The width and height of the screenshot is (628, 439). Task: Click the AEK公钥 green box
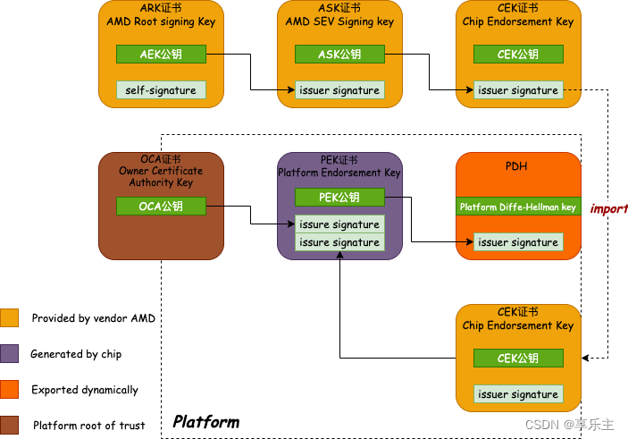tap(161, 55)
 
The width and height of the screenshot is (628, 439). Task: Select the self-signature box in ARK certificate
tap(161, 90)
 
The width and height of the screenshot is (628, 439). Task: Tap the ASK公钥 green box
tap(339, 55)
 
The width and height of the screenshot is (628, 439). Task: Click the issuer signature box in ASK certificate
tap(339, 90)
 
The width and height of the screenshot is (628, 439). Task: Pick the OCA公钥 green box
tap(161, 207)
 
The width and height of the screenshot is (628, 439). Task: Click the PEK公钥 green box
tap(339, 198)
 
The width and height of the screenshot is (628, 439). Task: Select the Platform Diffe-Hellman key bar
tap(518, 207)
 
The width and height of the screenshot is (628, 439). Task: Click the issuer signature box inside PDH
tap(518, 242)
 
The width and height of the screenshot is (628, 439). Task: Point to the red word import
tap(609, 208)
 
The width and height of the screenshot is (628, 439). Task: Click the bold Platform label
tap(205, 421)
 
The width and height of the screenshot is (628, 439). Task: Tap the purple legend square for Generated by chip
tap(10, 354)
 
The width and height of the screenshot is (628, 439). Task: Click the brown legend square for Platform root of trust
tap(10, 426)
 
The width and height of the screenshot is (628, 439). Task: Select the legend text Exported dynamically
tap(85, 390)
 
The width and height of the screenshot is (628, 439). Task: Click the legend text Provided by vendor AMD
tap(94, 318)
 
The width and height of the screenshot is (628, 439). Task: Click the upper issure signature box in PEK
tap(339, 224)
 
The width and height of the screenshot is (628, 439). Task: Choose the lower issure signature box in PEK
tap(339, 242)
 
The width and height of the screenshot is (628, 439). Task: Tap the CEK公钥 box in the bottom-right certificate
tap(518, 359)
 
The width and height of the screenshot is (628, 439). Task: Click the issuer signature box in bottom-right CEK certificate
tap(518, 394)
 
